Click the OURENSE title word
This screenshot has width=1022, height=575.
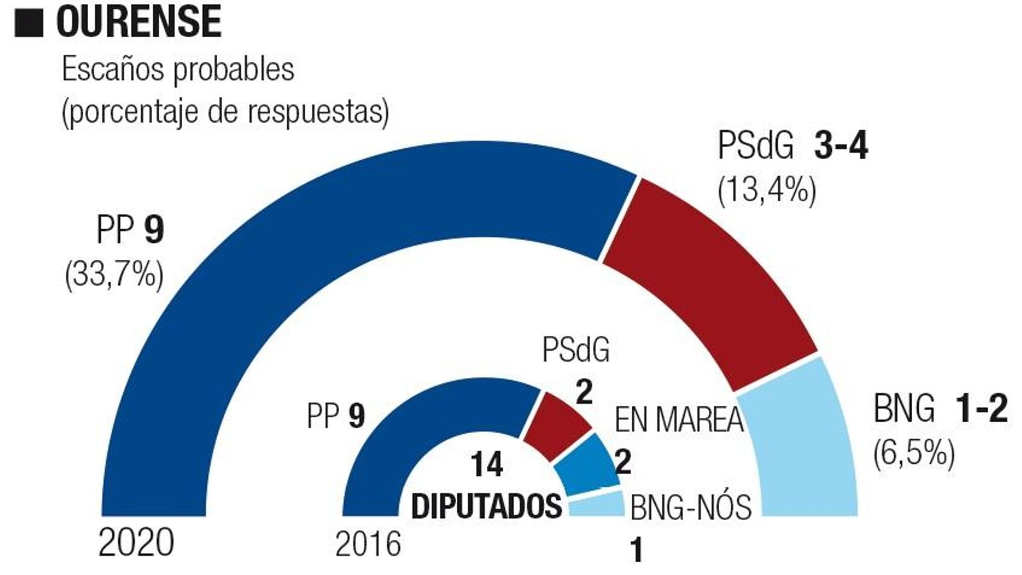coord(139,21)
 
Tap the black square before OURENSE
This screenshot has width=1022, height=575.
coord(29,22)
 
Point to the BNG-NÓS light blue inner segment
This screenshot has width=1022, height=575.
coord(597,505)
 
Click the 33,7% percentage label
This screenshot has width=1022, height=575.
coord(114,277)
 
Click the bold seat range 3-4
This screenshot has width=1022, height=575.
coord(841,147)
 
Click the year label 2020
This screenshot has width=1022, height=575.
coord(136,544)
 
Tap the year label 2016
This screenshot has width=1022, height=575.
coord(369,544)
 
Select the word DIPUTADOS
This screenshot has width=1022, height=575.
coord(487,507)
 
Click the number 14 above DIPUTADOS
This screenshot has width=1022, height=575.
coord(487,464)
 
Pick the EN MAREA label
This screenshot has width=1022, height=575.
coord(679,420)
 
